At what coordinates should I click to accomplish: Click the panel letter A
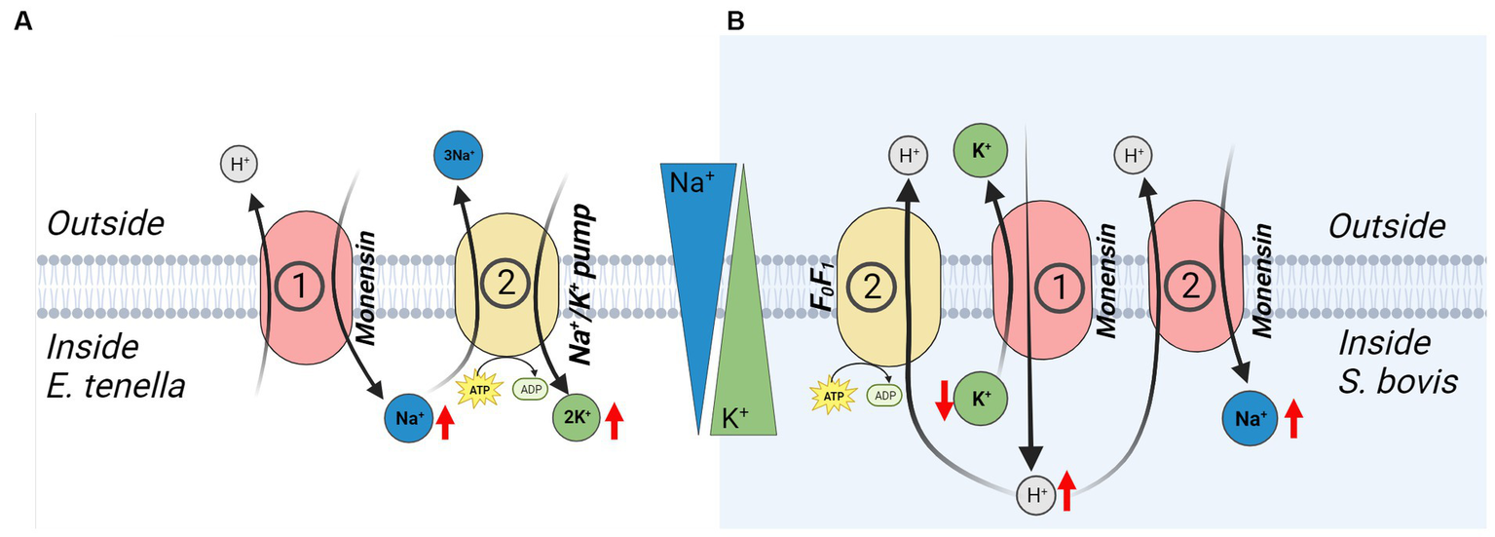tap(23, 20)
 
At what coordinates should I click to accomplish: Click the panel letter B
tap(736, 20)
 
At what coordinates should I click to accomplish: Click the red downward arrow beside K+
tap(943, 401)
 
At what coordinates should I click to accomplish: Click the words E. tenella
tap(115, 386)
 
